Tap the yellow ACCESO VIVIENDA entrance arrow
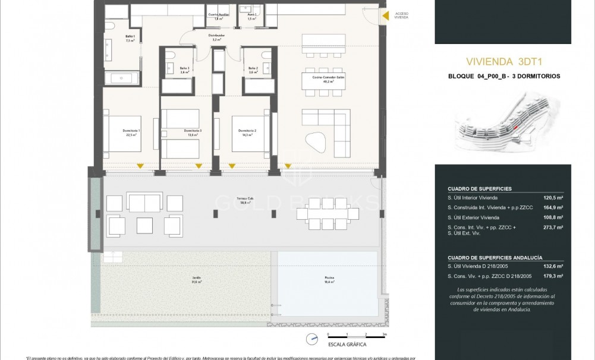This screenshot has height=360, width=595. pos(385,16)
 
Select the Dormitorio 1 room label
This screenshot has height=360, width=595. pos(131,132)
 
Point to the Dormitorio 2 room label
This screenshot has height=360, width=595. pos(247,132)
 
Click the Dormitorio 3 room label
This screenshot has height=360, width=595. pos(192,132)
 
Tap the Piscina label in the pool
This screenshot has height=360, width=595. pos(329,279)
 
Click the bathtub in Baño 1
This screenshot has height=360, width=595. pos(122,78)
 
